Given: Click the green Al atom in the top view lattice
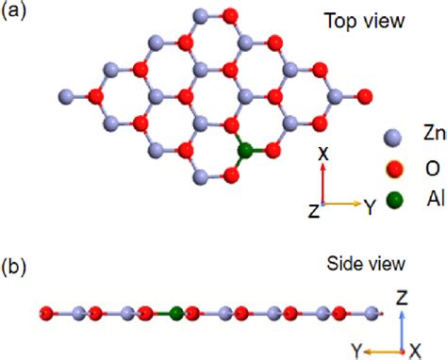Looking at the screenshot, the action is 245,150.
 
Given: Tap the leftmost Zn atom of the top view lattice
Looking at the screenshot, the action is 66,94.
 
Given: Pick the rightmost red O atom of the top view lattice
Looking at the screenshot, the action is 365,94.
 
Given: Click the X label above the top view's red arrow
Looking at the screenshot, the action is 323,152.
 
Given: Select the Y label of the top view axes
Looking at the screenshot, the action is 370,209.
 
